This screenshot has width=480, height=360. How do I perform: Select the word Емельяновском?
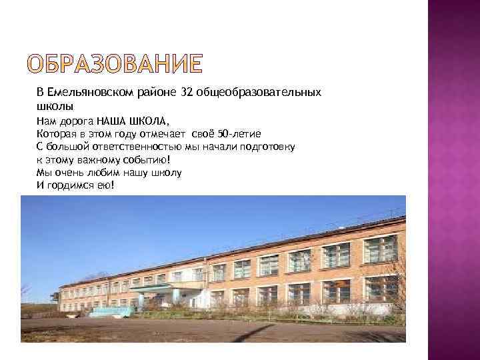[92, 92]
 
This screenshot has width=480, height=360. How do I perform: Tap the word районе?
[156, 92]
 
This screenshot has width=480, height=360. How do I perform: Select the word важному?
[92, 159]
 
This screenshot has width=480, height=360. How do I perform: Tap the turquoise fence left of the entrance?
[110, 311]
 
